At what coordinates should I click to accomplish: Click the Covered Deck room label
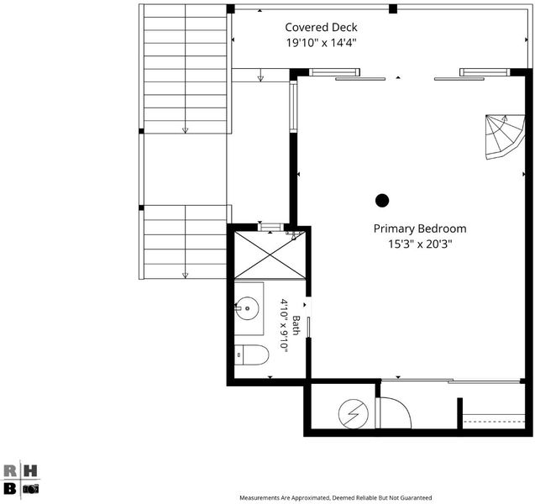[321, 27]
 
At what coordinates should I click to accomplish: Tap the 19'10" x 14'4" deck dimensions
[321, 43]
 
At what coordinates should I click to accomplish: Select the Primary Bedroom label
[420, 228]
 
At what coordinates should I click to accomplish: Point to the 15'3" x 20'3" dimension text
[420, 244]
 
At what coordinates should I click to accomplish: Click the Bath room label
[296, 325]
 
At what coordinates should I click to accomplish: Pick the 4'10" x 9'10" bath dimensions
[284, 324]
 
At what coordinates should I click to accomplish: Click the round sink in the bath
[247, 308]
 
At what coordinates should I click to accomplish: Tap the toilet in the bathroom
[251, 354]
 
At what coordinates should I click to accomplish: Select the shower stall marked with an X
[270, 255]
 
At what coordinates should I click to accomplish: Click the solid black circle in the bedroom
[382, 201]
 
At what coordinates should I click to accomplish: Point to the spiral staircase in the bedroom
[505, 136]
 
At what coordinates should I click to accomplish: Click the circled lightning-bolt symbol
[354, 414]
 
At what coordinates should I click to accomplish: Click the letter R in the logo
[10, 471]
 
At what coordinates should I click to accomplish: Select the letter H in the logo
[30, 471]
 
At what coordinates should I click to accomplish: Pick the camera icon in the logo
[31, 489]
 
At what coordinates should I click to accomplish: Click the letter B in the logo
[10, 489]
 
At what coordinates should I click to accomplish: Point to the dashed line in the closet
[494, 422]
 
